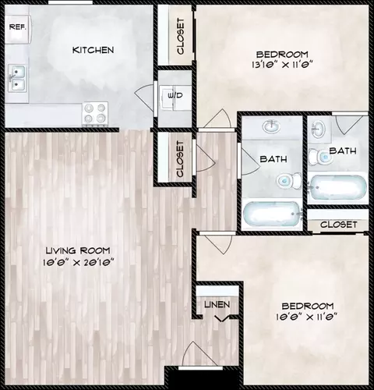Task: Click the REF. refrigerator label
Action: click(x=18, y=27)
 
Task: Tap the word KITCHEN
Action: click(x=93, y=50)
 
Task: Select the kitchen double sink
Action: click(x=17, y=78)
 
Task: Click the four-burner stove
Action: click(x=95, y=114)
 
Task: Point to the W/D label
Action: click(x=175, y=95)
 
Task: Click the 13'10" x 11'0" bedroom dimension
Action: click(x=282, y=64)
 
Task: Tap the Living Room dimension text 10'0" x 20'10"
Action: click(x=78, y=262)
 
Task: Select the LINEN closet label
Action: click(x=217, y=304)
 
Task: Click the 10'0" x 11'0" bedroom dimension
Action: click(x=307, y=317)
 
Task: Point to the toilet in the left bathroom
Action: click(x=288, y=180)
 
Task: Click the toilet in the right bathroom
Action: click(x=320, y=157)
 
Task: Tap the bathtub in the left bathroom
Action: click(x=272, y=214)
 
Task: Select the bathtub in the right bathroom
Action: click(x=337, y=187)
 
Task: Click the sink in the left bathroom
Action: click(x=271, y=127)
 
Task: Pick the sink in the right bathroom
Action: click(x=318, y=129)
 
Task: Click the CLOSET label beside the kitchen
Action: click(x=180, y=37)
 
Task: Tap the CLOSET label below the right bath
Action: click(x=338, y=225)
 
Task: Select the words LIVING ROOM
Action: click(x=78, y=250)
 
